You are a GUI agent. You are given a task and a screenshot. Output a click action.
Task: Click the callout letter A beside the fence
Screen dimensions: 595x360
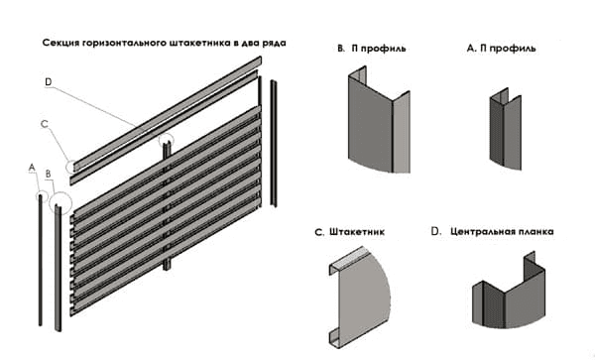tap(32, 168)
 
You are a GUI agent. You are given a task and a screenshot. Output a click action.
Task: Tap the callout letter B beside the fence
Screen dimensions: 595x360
tap(49, 175)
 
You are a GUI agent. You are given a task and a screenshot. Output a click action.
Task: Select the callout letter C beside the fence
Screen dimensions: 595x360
tap(45, 124)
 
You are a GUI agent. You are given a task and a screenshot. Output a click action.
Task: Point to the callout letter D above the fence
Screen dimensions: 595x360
tap(49, 82)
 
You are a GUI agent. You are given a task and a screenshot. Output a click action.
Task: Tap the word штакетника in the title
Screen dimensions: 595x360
tap(197, 43)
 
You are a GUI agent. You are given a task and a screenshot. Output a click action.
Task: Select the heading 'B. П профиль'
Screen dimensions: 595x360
tap(372, 49)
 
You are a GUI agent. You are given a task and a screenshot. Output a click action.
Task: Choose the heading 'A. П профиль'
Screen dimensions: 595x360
tap(501, 49)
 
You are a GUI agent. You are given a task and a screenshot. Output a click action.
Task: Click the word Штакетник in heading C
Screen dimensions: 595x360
tap(357, 232)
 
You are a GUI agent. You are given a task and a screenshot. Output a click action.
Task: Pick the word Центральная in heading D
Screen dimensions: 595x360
tap(482, 231)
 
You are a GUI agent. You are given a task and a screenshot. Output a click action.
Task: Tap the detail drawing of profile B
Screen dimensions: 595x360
tap(379, 120)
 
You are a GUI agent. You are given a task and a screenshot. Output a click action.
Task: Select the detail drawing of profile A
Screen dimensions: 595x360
tap(505, 129)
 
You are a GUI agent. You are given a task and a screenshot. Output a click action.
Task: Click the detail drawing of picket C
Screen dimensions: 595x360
tap(359, 298)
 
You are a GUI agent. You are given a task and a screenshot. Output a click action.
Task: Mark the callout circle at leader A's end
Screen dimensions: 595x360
tap(42, 196)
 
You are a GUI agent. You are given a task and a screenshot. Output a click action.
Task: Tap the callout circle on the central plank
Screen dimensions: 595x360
tap(166, 141)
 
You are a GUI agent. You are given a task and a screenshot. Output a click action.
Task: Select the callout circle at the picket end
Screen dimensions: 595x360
tap(71, 167)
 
